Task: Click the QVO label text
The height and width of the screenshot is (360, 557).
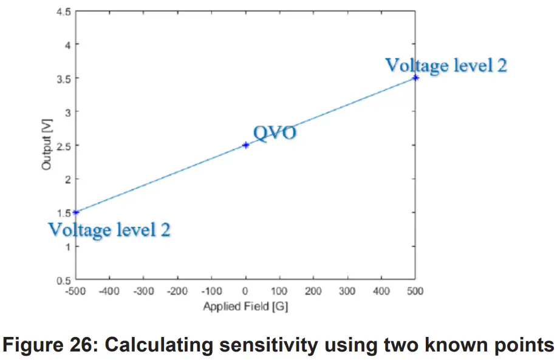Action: click(275, 132)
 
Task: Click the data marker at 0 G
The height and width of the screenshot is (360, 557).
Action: click(245, 145)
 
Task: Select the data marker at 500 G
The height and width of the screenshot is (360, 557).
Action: click(415, 78)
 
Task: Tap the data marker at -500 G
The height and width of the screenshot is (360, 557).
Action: click(75, 212)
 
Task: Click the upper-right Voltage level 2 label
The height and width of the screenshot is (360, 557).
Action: click(446, 65)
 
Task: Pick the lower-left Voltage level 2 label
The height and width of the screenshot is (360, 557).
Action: click(109, 229)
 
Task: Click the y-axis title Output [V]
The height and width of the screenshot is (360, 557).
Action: click(47, 146)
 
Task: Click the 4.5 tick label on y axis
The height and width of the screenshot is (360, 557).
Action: click(63, 11)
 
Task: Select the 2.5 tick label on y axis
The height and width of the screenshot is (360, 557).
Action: click(63, 146)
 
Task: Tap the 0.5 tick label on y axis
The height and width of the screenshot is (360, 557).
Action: click(63, 280)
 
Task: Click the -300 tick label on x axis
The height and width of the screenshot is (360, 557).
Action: click(143, 291)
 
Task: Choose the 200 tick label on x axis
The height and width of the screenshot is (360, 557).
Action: click(313, 291)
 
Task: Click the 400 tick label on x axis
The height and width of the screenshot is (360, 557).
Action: click(381, 291)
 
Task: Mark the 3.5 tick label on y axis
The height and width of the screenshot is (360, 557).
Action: click(63, 78)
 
